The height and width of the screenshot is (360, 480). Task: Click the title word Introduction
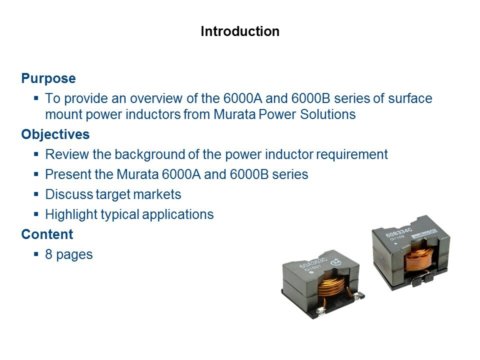pyautogui.click(x=240, y=31)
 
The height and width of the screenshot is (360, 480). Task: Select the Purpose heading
pyautogui.click(x=48, y=78)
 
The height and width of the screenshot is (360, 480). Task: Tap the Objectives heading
pyautogui.click(x=55, y=134)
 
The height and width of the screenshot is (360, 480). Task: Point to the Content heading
pyautogui.click(x=47, y=234)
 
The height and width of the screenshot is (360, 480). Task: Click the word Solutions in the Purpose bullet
pyautogui.click(x=327, y=114)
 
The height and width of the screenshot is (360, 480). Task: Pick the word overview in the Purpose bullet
pyautogui.click(x=156, y=98)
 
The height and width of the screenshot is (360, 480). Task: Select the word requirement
pyautogui.click(x=351, y=155)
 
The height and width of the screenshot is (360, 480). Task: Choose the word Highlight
pyautogui.click(x=71, y=215)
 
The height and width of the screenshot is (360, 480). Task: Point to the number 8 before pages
pyautogui.click(x=48, y=254)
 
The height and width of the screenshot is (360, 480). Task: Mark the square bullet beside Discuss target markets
pyautogui.click(x=36, y=194)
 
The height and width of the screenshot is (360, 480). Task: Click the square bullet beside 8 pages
pyautogui.click(x=36, y=254)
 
